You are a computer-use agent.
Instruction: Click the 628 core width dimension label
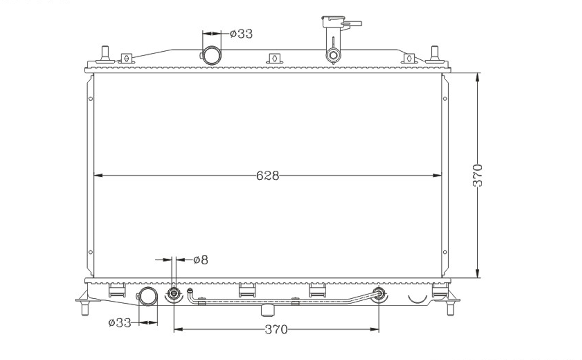coord(267,175)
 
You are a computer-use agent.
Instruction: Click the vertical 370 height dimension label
coord(478,175)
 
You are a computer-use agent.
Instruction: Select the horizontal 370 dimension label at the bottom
coord(276,329)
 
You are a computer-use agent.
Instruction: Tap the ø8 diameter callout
coord(201,260)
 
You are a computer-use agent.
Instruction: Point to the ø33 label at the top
coord(241,34)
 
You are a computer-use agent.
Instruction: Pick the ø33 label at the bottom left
coord(120,323)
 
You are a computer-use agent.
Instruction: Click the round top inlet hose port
coord(211,55)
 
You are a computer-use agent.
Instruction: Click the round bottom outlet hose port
coord(148,296)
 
